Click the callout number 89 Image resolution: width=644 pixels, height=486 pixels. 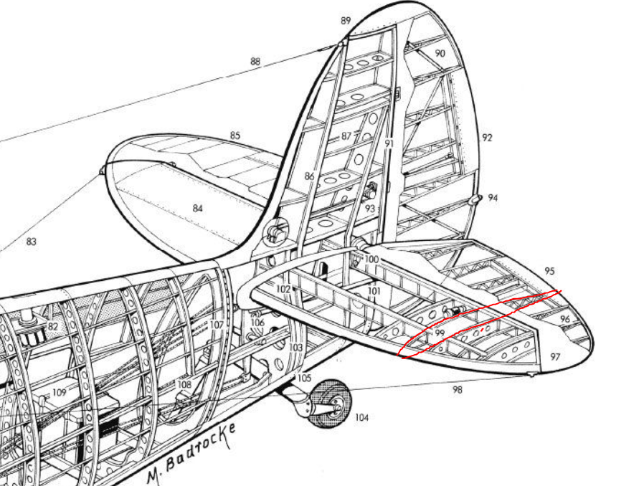click(346, 21)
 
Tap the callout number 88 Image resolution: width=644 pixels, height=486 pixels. click(255, 62)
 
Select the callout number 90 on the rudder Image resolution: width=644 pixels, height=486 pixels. click(440, 54)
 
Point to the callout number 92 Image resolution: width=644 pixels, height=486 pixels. click(488, 138)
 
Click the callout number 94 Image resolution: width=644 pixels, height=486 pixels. click(493, 198)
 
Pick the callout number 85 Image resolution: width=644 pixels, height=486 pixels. click(235, 135)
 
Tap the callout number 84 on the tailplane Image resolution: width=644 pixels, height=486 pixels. click(198, 208)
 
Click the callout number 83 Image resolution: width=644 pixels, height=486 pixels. click(31, 242)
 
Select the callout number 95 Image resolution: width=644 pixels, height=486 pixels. click(549, 272)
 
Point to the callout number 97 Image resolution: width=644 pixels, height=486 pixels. click(556, 357)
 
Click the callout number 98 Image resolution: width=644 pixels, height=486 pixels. click(457, 389)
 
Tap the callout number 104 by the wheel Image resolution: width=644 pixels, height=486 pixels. click(361, 417)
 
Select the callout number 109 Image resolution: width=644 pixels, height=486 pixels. click(59, 393)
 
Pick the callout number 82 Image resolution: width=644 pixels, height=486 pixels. click(52, 327)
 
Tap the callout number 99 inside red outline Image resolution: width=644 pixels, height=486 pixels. click(440, 334)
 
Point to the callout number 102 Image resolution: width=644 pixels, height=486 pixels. click(283, 289)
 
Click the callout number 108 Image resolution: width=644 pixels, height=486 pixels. click(184, 385)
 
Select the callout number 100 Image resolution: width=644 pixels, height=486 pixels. click(371, 259)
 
